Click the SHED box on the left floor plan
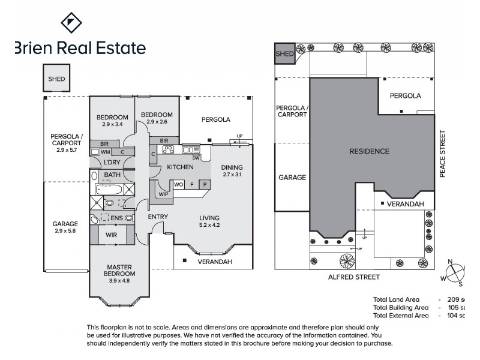point(56,79)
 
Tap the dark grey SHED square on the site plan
point(284,53)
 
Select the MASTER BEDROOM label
point(120,270)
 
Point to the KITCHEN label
point(180,167)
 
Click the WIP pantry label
point(163,194)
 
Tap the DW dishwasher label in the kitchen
point(196,157)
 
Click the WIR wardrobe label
point(111,235)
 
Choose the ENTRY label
point(157,217)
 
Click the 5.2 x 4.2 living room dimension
point(209,226)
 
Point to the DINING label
point(231,167)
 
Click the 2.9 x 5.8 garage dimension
point(66,231)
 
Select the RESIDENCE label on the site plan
point(369,151)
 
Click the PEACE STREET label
point(443,153)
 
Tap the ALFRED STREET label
point(353,277)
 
